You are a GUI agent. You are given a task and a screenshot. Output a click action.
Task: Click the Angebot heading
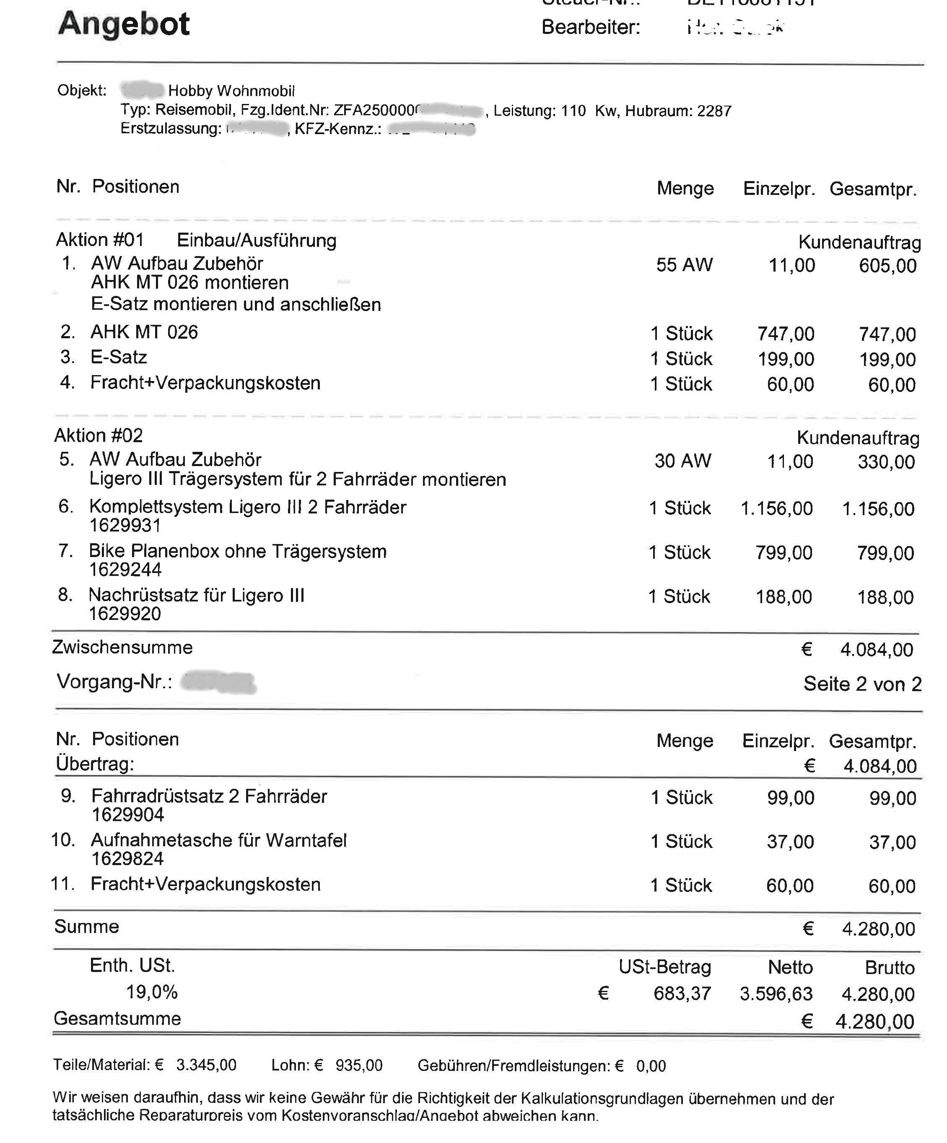coord(124,24)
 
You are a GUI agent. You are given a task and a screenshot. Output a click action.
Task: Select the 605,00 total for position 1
coord(887,266)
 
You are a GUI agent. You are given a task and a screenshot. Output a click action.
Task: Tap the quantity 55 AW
coord(684,265)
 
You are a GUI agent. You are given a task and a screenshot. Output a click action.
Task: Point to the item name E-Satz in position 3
coord(119,357)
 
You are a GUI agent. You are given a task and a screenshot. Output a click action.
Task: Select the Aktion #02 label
coord(99,435)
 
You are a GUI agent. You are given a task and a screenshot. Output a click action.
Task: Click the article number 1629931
coord(125,525)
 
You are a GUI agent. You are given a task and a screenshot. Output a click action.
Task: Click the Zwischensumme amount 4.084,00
coord(876,649)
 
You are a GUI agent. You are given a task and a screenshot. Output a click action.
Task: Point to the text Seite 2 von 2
coord(862,684)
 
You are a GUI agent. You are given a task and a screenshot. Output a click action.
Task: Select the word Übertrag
coord(95,764)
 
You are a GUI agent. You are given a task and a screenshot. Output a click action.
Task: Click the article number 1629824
coord(127,859)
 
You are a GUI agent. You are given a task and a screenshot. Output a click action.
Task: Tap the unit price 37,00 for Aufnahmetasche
coord(790,842)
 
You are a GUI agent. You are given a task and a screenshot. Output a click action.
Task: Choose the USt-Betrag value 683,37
coord(682,993)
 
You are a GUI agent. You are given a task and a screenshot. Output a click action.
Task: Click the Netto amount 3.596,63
coord(776,994)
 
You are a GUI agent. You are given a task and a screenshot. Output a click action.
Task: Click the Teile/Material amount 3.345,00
coord(206,1065)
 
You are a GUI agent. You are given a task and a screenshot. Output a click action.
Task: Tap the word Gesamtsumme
coord(117,1019)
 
